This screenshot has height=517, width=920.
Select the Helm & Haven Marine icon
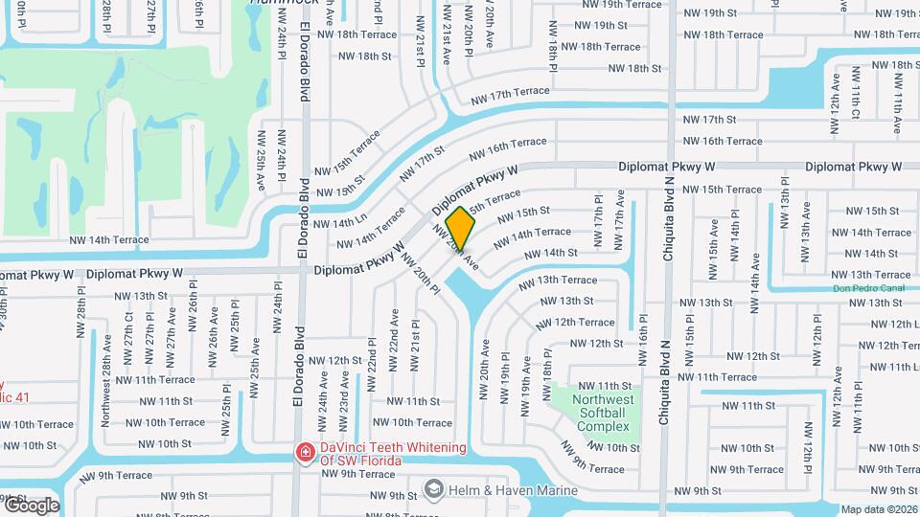pos(433,490)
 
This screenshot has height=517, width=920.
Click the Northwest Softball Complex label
pos(604,413)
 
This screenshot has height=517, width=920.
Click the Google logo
pos(31,505)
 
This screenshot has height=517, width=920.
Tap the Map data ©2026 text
pos(879,509)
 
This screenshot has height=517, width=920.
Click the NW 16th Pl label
pos(643,340)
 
